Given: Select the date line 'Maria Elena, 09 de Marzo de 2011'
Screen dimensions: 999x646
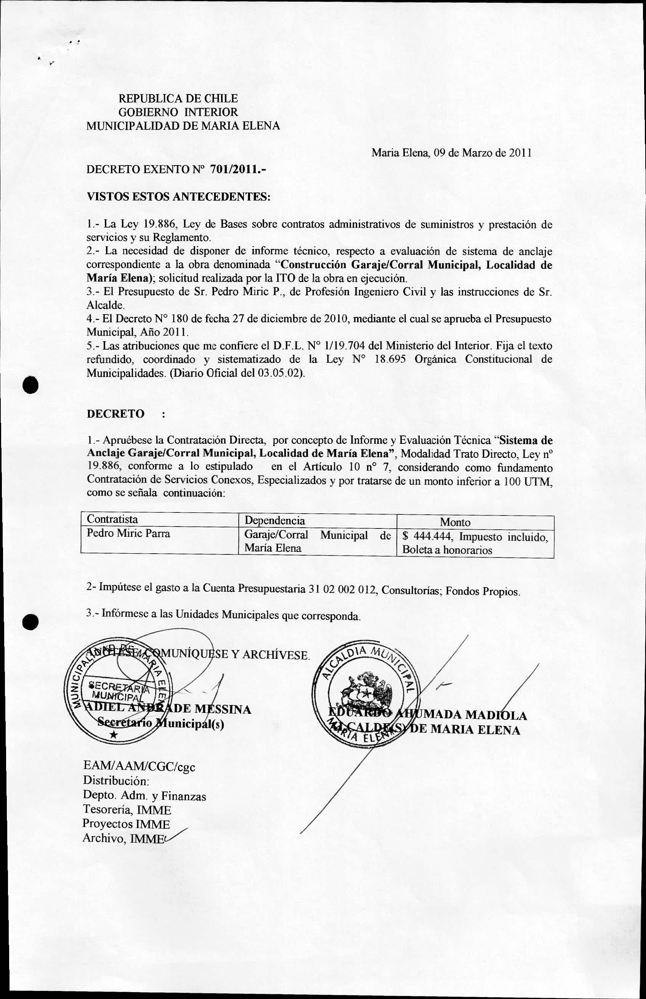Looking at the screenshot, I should pos(451,153).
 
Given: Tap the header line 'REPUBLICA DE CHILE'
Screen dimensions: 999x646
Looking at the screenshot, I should pos(178,99).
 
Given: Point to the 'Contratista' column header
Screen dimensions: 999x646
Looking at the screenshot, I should pos(112,519).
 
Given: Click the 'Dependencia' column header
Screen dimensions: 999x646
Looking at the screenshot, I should pos(274,521).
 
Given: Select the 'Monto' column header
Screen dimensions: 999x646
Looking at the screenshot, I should pos(455,522).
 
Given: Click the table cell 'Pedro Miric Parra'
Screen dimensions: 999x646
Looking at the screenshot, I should pos(128,533).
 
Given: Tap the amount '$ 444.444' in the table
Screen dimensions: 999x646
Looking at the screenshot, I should pos(428,536).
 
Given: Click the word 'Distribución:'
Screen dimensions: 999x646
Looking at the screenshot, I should pos(116,781).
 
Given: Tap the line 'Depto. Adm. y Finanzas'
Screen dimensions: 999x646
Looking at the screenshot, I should pos(144,795).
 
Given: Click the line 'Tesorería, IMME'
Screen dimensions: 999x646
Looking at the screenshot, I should pos(127,810).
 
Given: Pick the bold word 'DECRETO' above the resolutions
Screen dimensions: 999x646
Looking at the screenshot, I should pos(115,414).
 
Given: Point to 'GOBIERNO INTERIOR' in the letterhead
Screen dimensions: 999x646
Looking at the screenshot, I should pos(178,112).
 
